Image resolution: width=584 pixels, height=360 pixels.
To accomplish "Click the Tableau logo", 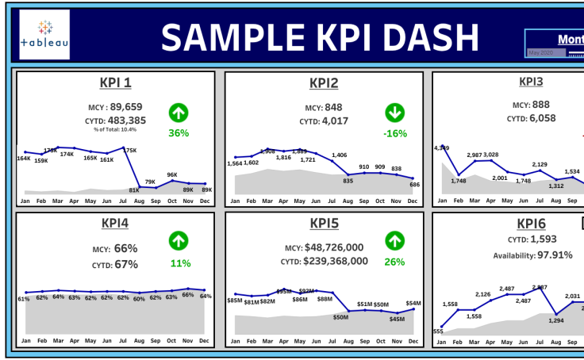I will (44, 35).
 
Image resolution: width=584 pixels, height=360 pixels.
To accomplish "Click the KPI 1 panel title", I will (116, 82).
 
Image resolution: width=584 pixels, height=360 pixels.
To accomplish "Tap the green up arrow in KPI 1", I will (178, 112).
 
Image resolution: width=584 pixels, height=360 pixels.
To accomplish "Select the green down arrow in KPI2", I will (394, 112).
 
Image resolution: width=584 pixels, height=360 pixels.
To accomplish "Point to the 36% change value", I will (178, 133).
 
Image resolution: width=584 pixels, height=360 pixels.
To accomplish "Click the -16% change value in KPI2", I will (394, 133).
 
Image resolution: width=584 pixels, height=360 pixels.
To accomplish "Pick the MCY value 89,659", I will (126, 106).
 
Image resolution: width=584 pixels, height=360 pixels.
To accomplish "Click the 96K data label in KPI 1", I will (172, 174).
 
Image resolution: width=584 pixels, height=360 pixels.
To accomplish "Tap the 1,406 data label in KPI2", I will (340, 155).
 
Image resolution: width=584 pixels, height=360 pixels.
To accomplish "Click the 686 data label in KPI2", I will (414, 184).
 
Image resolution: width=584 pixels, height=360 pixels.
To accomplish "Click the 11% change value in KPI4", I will (180, 263).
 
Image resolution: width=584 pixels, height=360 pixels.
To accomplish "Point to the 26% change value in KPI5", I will (394, 262).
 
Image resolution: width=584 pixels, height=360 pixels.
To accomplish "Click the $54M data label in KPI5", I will (413, 303).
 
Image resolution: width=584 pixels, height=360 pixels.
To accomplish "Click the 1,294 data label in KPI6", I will (555, 320).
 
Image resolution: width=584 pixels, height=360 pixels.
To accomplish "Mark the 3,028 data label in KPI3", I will (490, 155).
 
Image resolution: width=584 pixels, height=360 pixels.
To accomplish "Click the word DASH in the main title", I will (433, 36).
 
